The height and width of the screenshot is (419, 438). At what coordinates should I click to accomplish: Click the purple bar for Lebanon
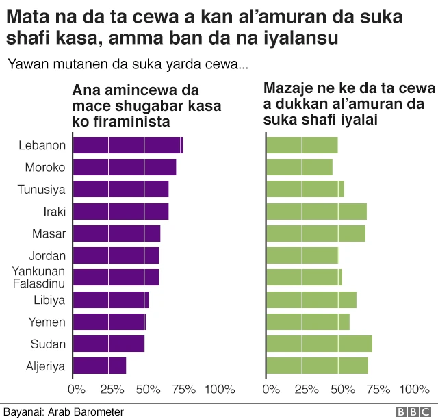point(127,145)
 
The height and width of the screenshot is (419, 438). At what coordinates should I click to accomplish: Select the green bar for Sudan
point(319,344)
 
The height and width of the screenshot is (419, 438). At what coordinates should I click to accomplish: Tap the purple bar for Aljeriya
point(99,366)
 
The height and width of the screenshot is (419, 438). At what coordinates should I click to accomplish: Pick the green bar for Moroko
point(299,167)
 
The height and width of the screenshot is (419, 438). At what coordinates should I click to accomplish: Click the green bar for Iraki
point(316,212)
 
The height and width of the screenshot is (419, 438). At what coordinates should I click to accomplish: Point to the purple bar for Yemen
point(109,322)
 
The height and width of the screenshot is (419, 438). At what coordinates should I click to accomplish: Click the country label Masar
point(49,233)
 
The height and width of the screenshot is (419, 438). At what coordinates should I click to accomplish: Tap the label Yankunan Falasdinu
point(38,277)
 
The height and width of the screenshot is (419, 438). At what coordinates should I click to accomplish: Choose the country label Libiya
point(49,300)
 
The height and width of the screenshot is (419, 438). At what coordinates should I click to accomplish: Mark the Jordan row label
point(47,256)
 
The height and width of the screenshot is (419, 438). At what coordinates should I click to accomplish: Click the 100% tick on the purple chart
point(220,390)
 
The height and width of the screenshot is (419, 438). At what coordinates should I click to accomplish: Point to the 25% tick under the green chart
point(307,390)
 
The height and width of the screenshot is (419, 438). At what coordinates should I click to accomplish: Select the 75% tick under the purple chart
point(183,390)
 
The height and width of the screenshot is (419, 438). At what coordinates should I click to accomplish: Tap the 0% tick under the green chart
point(272,390)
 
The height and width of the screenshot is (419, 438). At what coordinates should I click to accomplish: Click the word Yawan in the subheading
point(26,65)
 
